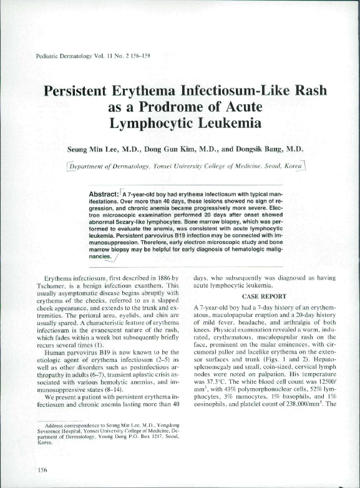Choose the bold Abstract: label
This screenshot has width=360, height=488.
click(x=106, y=194)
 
